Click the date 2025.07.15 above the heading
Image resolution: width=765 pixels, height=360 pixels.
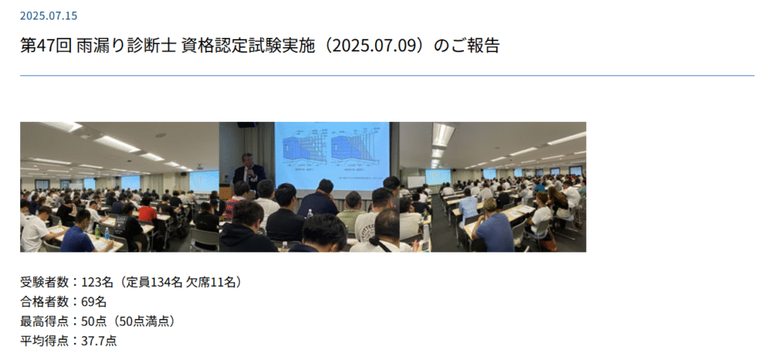pos(49,16)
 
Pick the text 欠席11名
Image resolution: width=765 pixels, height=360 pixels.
pos(211,282)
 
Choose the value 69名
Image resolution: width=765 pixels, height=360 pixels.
pos(93,302)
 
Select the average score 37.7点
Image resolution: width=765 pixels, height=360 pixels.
pos(99,341)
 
